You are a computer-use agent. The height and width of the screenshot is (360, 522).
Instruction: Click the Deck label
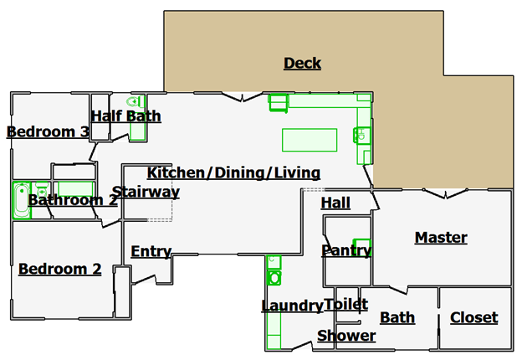click(302, 63)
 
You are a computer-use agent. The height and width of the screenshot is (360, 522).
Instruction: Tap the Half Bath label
click(126, 116)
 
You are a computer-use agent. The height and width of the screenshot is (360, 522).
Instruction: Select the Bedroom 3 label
click(48, 131)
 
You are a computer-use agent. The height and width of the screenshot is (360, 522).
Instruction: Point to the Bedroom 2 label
click(60, 269)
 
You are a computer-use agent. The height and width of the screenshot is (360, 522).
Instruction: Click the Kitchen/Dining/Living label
click(233, 172)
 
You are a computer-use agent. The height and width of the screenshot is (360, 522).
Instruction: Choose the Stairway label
click(146, 193)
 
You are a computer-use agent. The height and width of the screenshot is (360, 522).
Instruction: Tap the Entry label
click(151, 251)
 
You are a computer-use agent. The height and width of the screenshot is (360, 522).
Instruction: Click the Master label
click(441, 238)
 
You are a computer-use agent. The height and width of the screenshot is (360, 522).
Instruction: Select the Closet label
click(474, 317)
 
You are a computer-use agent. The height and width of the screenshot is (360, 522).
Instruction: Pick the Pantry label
click(346, 250)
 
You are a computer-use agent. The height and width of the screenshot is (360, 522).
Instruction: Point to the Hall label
click(335, 203)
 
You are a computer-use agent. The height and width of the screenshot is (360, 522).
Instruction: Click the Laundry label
click(292, 306)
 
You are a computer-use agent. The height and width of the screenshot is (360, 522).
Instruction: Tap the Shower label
click(346, 336)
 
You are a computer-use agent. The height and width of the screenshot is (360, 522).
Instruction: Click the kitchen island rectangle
click(310, 140)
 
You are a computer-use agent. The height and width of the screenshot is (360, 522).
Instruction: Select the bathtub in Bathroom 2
click(22, 200)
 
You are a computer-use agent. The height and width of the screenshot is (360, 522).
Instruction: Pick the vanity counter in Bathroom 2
click(75, 189)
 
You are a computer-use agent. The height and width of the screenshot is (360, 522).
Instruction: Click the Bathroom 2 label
click(73, 200)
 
